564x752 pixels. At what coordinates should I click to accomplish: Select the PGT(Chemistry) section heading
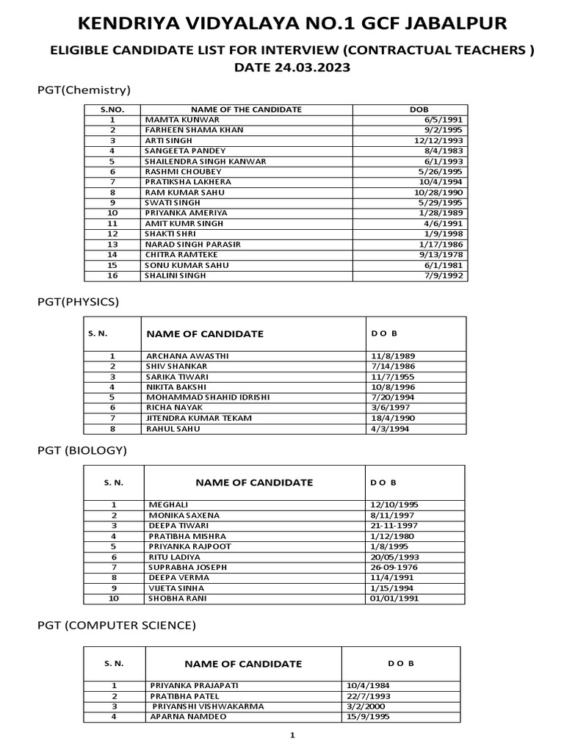[x=84, y=90]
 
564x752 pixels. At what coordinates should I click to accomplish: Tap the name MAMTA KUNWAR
[x=176, y=120]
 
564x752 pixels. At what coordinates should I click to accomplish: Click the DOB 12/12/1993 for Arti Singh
[x=438, y=140]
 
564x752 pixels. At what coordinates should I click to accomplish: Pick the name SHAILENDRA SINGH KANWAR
[x=206, y=161]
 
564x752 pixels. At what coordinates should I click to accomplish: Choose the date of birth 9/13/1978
[x=441, y=254]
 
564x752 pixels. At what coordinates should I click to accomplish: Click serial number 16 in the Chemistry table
[x=112, y=275]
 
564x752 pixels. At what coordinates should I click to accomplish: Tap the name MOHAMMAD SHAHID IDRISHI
[x=208, y=397]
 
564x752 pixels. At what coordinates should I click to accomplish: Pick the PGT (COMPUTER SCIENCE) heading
[x=117, y=626]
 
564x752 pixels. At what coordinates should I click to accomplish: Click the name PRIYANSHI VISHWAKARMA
[x=208, y=706]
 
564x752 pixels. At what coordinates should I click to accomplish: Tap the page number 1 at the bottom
[x=292, y=734]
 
